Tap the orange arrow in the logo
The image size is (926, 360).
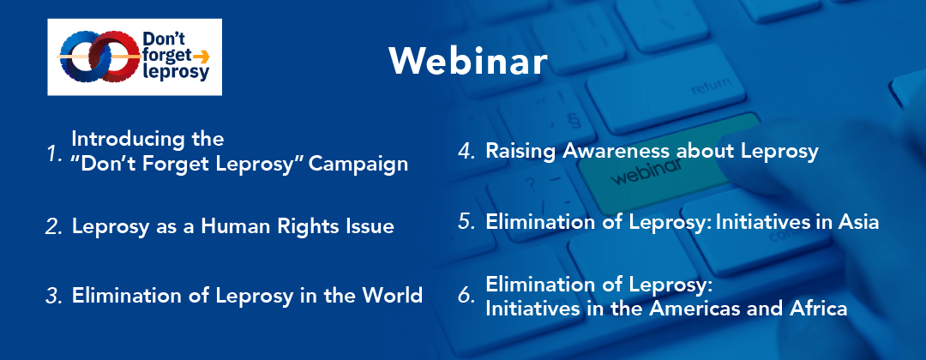[201, 57]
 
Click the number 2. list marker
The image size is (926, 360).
[54, 227]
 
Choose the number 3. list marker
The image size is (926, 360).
[54, 296]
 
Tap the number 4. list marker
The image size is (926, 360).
[467, 151]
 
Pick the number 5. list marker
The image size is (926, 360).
[467, 222]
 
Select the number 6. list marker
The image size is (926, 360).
[467, 297]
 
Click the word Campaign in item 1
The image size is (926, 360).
[358, 164]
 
